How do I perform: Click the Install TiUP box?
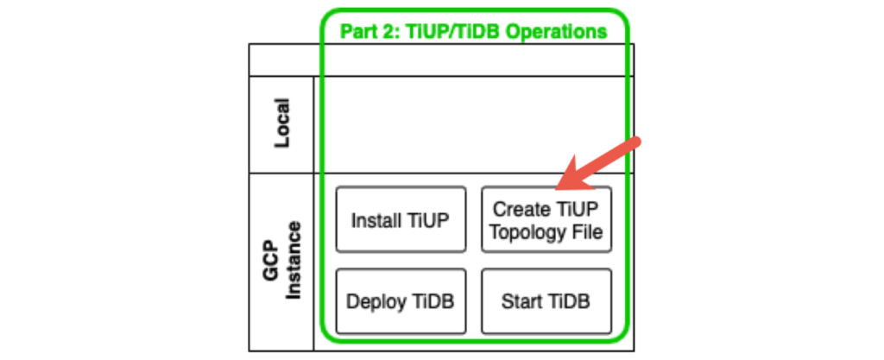(400, 220)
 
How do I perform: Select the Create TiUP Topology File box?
(546, 220)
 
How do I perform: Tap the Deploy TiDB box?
(400, 301)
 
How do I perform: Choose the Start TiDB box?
(546, 301)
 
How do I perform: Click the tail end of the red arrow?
(636, 141)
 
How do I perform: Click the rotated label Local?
(281, 123)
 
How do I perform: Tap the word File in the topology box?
(586, 231)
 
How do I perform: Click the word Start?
(520, 301)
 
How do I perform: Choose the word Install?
(376, 220)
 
